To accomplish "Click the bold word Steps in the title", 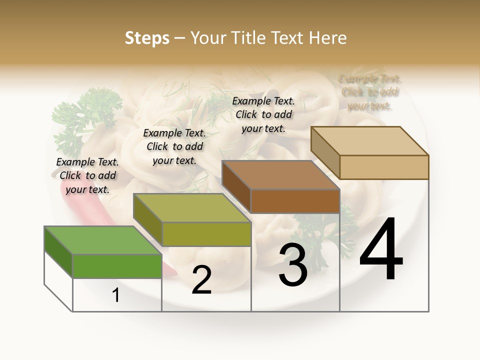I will (x=147, y=38).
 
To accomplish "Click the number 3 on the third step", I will (x=292, y=265).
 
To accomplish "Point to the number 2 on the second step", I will (x=201, y=280).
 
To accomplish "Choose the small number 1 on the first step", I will (x=116, y=295).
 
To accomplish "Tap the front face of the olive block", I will (x=206, y=234).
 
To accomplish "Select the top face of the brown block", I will (x=280, y=175).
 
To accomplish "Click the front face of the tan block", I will (x=384, y=167).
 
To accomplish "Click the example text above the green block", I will (x=87, y=175).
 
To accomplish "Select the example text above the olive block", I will (x=174, y=146).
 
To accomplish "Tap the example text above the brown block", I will (x=263, y=114).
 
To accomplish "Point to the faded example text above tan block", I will (x=369, y=92).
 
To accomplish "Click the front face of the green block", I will (x=117, y=266).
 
